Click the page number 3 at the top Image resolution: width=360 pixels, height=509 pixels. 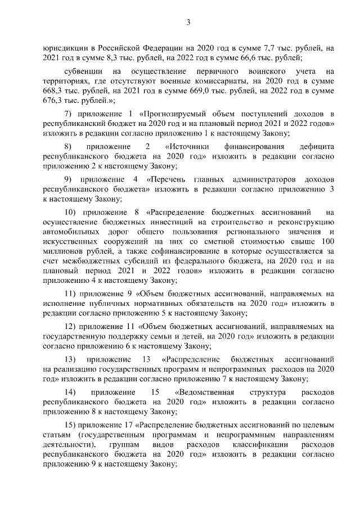[x=189, y=22]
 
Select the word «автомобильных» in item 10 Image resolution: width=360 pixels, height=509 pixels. [x=70, y=232]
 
